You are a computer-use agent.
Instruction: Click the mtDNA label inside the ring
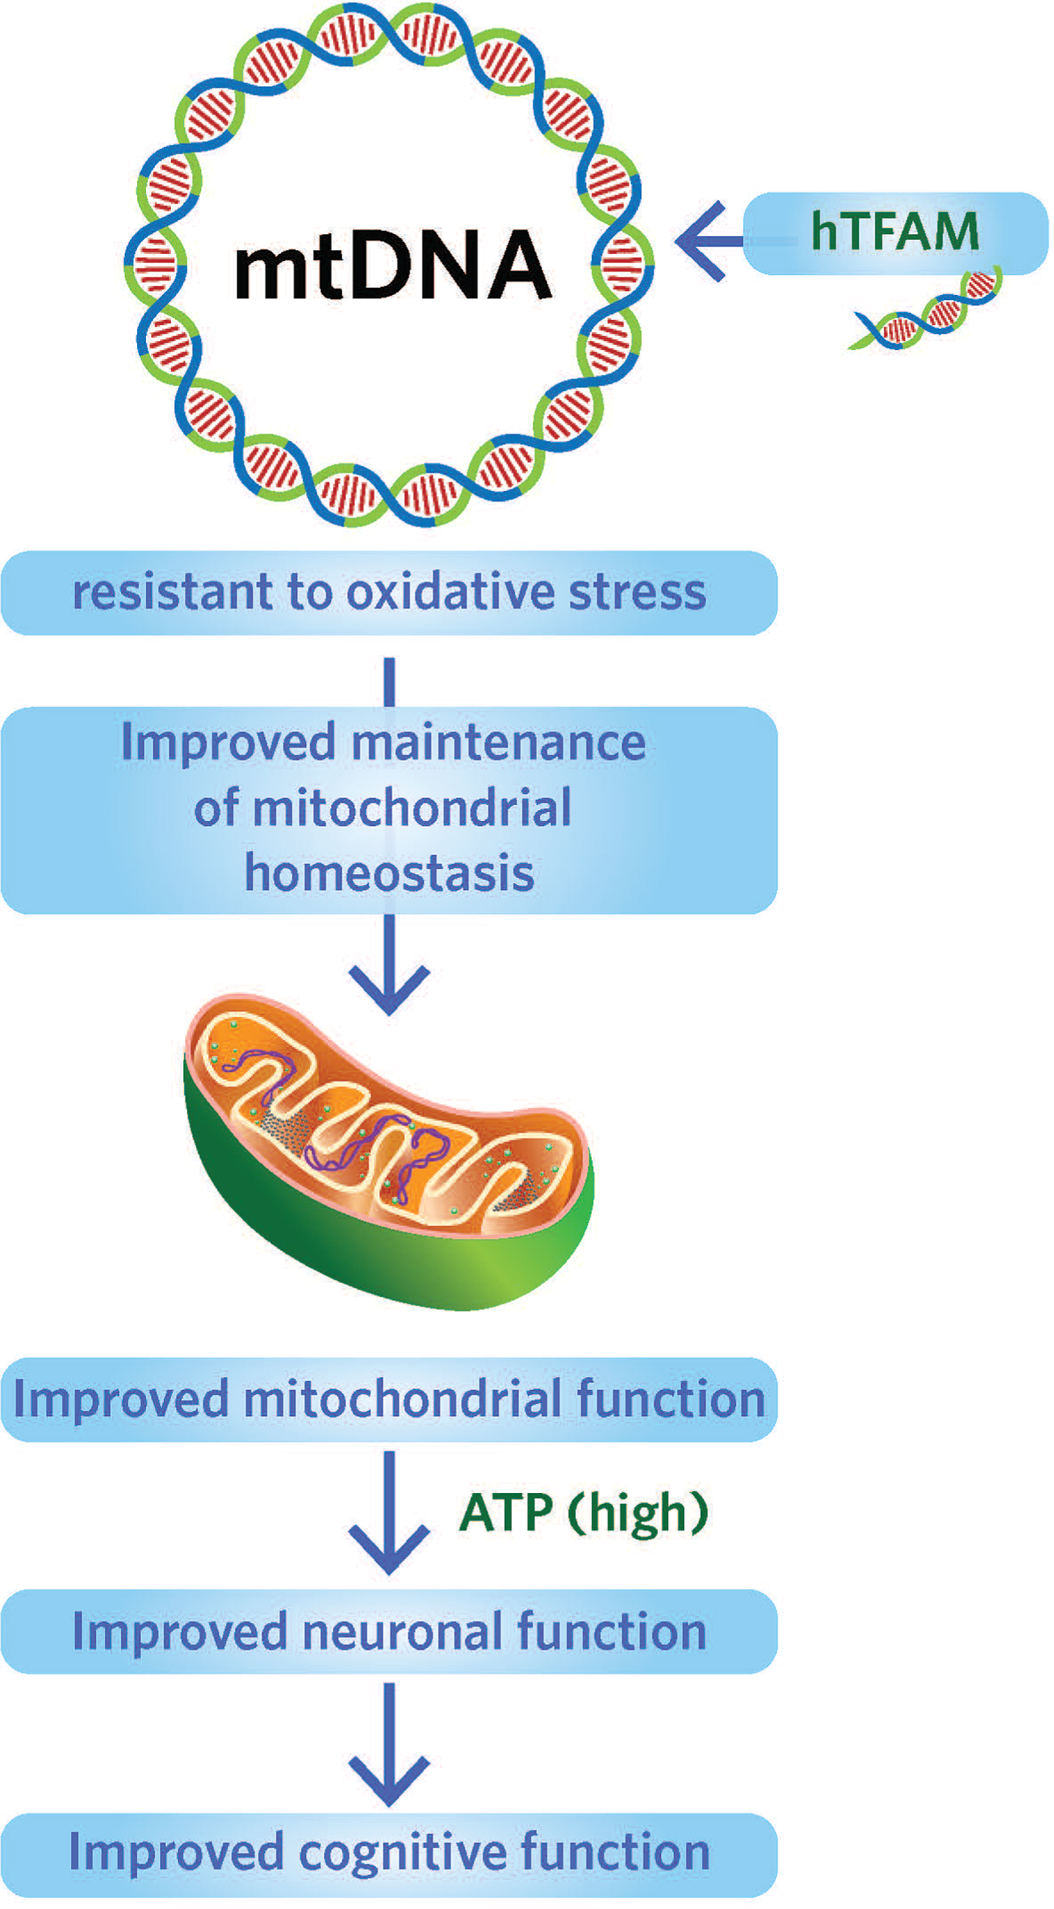point(392,264)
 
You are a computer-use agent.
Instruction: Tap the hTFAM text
point(895,231)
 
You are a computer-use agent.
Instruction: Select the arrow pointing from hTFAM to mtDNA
point(707,241)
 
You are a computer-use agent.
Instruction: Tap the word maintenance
point(499,742)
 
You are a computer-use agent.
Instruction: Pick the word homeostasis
point(389,873)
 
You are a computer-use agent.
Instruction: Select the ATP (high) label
point(584,1512)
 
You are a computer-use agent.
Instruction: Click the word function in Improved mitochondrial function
point(670,1399)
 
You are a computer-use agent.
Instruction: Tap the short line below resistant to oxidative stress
point(389,680)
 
